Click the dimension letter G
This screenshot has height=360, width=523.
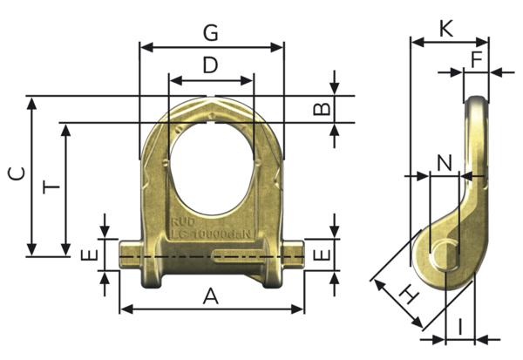tap(210, 33)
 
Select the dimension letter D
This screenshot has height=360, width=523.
tap(210, 65)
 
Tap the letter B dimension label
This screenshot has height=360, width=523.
tap(321, 108)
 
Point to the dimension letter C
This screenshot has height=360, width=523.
tap(16, 173)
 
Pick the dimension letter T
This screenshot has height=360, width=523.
tap(51, 187)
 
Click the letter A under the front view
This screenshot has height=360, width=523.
tap(210, 296)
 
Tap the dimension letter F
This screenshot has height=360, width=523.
tap(476, 59)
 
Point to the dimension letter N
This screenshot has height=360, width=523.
tap(445, 163)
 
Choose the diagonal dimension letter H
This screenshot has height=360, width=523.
tap(406, 295)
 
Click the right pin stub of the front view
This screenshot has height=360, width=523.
tap(293, 255)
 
